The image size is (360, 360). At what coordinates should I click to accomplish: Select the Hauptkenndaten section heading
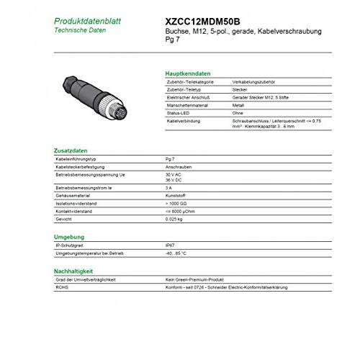[188, 75]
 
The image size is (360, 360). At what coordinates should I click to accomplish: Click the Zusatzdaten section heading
[71, 150]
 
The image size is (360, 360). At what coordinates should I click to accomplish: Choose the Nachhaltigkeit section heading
[76, 270]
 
